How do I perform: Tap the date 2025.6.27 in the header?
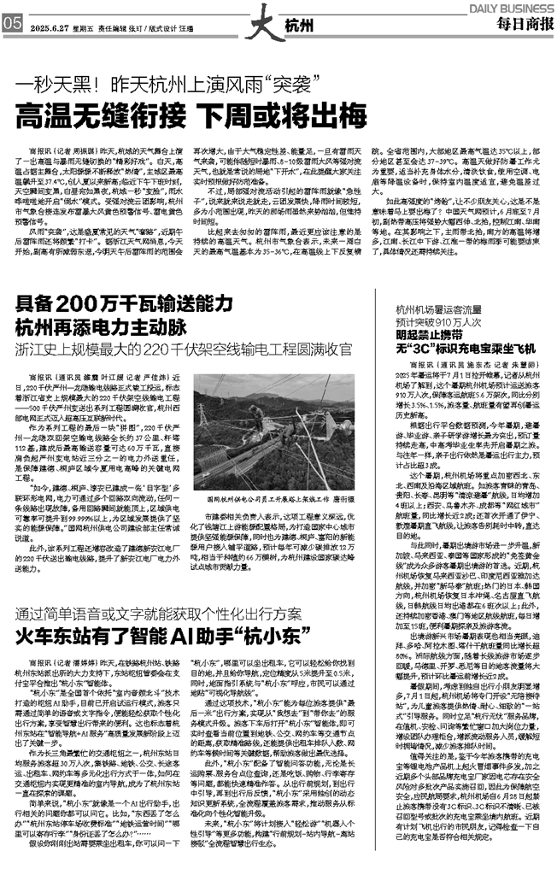pyautogui.click(x=51, y=26)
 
